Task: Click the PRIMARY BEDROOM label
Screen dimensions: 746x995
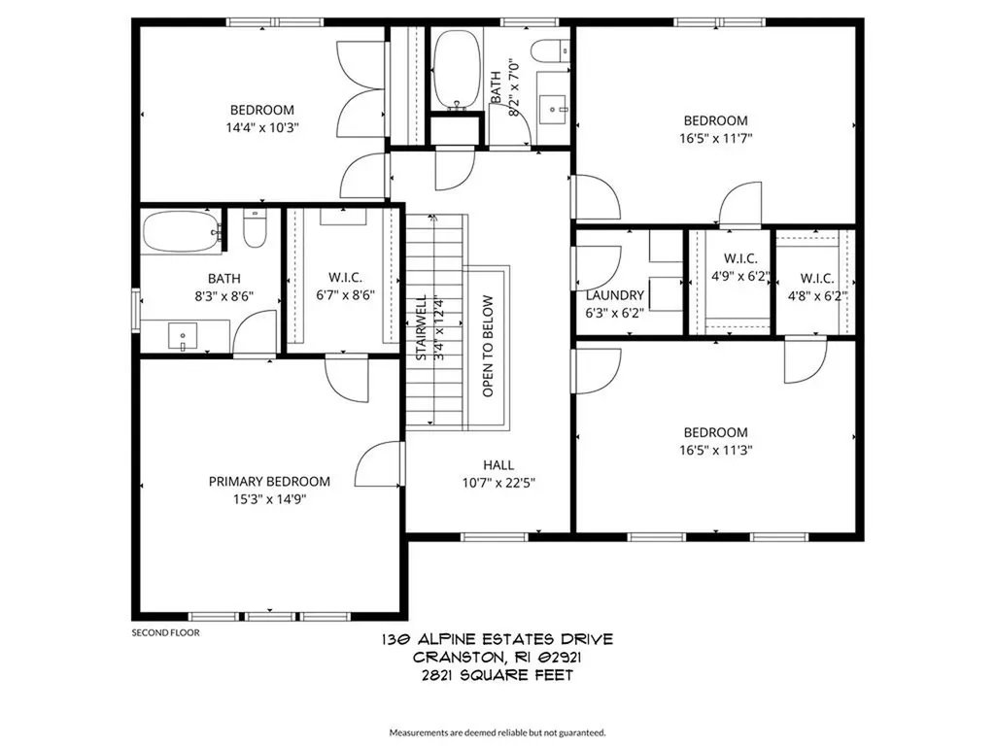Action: tap(269, 481)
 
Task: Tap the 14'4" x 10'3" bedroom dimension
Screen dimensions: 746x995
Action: tap(261, 127)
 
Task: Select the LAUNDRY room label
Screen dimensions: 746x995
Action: tap(614, 295)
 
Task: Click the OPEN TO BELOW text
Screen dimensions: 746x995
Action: tap(488, 346)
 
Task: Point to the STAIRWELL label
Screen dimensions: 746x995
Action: tap(422, 328)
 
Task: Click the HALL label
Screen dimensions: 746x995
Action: tap(498, 464)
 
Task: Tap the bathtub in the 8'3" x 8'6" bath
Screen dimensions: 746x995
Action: tap(181, 233)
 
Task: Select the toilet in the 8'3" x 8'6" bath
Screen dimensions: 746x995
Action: tap(256, 231)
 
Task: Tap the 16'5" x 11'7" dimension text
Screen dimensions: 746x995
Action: tap(715, 138)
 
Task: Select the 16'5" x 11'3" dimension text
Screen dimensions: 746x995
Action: tap(715, 450)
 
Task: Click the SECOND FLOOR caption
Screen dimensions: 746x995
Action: tap(165, 633)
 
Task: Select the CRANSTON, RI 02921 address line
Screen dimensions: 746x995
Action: tap(497, 657)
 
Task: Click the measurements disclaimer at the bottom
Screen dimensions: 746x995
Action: tap(497, 731)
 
